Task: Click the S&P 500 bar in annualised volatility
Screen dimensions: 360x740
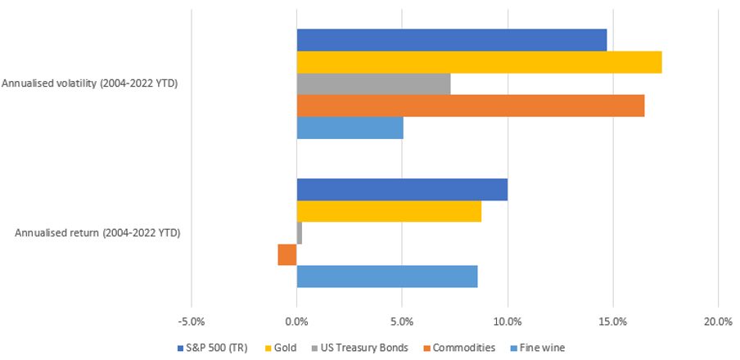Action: (x=451, y=40)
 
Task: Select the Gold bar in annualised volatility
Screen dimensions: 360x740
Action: (x=479, y=62)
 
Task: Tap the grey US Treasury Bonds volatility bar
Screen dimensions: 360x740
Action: (x=373, y=84)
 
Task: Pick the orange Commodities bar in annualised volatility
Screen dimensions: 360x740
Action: (x=470, y=106)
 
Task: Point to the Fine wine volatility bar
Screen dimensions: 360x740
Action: (x=350, y=128)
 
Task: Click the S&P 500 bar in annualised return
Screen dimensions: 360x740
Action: (x=402, y=189)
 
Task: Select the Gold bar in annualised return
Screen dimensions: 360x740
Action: (x=389, y=211)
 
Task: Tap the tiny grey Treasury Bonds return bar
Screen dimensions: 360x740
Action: (x=300, y=233)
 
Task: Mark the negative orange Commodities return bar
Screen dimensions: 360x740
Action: (x=287, y=255)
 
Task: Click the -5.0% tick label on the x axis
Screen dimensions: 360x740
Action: (x=191, y=321)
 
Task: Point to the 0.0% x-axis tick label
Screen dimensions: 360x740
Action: (x=296, y=321)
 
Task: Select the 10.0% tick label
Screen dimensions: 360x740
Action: (x=508, y=321)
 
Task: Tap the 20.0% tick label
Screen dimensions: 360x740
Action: (x=718, y=321)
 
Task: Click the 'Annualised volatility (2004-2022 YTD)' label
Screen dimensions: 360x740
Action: (x=89, y=83)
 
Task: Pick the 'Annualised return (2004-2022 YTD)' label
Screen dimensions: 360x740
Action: (x=97, y=233)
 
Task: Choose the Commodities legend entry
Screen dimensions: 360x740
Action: (x=460, y=348)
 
